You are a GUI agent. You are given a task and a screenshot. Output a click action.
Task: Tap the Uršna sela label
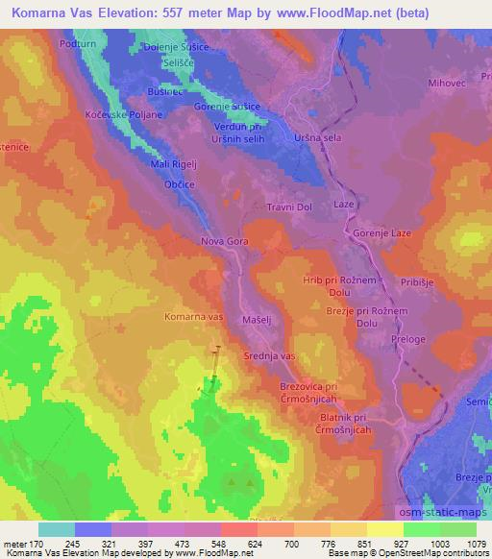point(318,137)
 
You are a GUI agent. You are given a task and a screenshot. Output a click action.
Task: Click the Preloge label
point(408,340)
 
